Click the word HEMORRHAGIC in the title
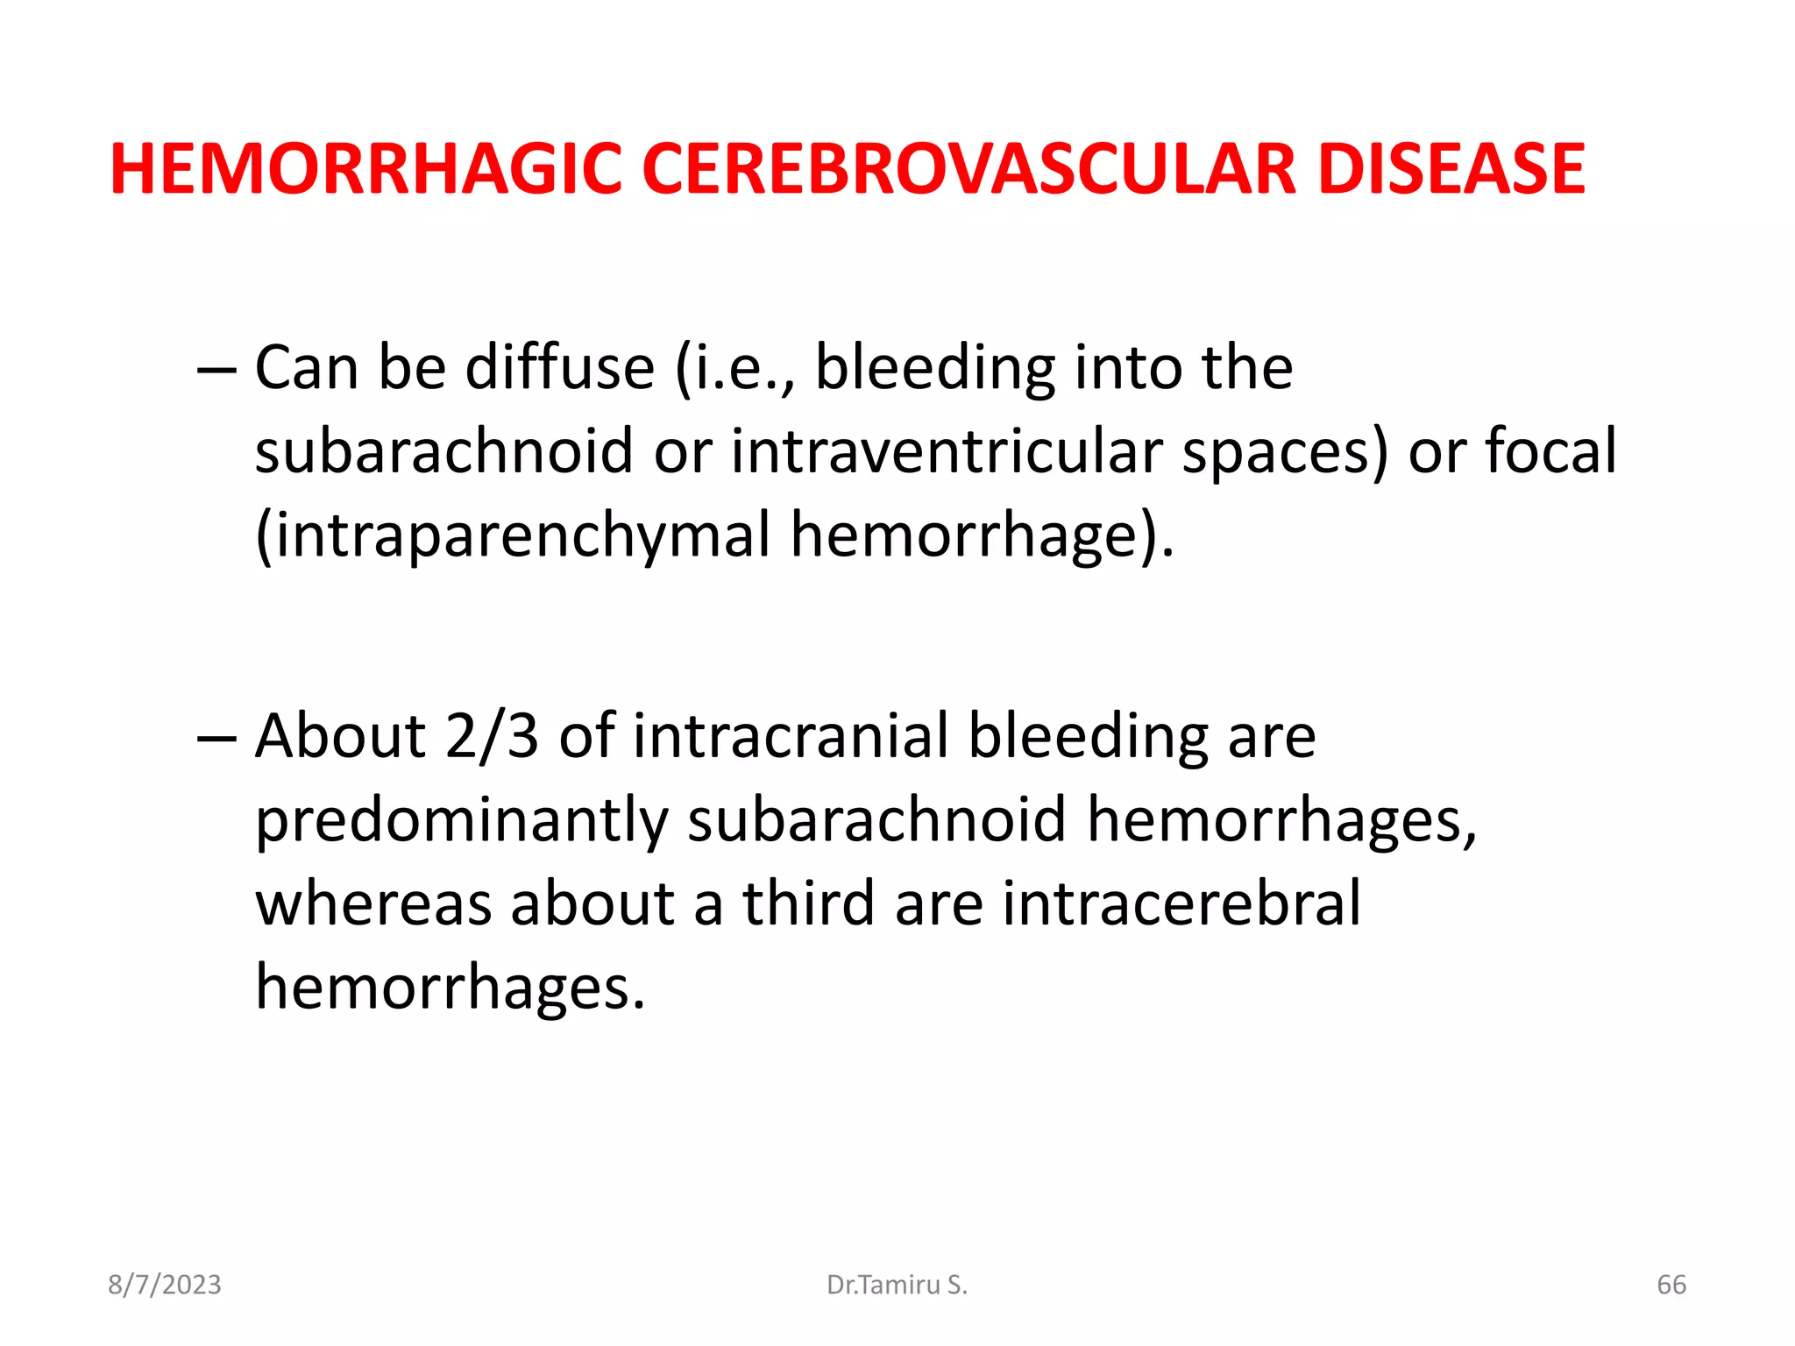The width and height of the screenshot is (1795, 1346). pyautogui.click(x=366, y=168)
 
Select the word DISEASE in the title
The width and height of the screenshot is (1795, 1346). pyautogui.click(x=1451, y=168)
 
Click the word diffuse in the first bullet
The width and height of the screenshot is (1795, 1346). pyautogui.click(x=560, y=367)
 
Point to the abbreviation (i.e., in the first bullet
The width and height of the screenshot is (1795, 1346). pyautogui.click(x=736, y=367)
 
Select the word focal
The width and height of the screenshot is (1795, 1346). pyautogui.click(x=1550, y=451)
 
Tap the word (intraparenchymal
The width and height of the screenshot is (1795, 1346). pyautogui.click(x=513, y=535)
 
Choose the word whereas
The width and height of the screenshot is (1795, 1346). pyautogui.click(x=373, y=903)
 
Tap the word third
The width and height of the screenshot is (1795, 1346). pyautogui.click(x=808, y=903)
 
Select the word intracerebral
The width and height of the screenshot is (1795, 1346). pyautogui.click(x=1181, y=903)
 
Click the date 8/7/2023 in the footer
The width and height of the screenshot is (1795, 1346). pyautogui.click(x=165, y=1285)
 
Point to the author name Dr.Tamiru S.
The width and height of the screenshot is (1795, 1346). pyautogui.click(x=897, y=1285)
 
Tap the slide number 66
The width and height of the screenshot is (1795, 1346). pyautogui.click(x=1671, y=1285)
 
